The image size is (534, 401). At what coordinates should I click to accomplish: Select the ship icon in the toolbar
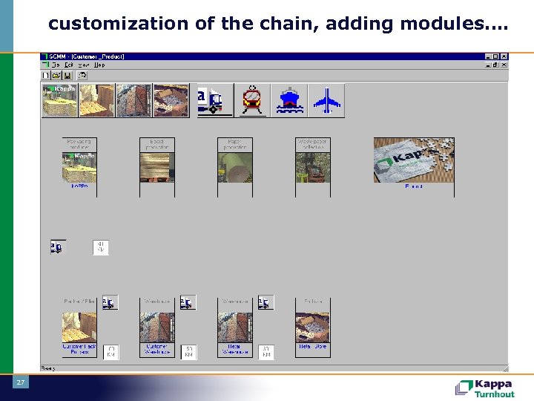point(289,100)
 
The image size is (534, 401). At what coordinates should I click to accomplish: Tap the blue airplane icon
point(326,100)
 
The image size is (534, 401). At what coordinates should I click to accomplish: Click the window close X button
point(504,56)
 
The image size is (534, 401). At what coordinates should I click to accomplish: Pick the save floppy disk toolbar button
point(67,75)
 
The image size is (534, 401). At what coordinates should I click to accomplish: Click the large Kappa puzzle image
point(413,160)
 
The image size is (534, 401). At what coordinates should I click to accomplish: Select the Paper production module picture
point(235,167)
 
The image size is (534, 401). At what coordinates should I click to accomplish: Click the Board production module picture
point(157,167)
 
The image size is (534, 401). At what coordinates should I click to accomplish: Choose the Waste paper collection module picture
point(313,167)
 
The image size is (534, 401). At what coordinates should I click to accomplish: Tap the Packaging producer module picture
point(79,167)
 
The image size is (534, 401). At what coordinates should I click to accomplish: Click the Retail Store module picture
point(313,327)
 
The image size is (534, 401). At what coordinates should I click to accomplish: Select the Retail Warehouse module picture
point(235,327)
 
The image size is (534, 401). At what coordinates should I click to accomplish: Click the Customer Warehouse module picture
point(157,327)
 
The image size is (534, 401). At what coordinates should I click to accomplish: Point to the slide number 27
point(20,382)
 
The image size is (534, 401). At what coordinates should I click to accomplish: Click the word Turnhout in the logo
point(495,394)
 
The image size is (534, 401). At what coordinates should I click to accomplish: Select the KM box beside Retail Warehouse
point(266,351)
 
